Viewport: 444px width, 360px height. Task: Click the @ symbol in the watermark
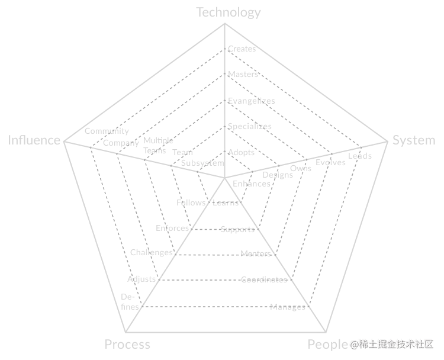click(354, 344)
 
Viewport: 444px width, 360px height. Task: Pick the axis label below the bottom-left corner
click(127, 344)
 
